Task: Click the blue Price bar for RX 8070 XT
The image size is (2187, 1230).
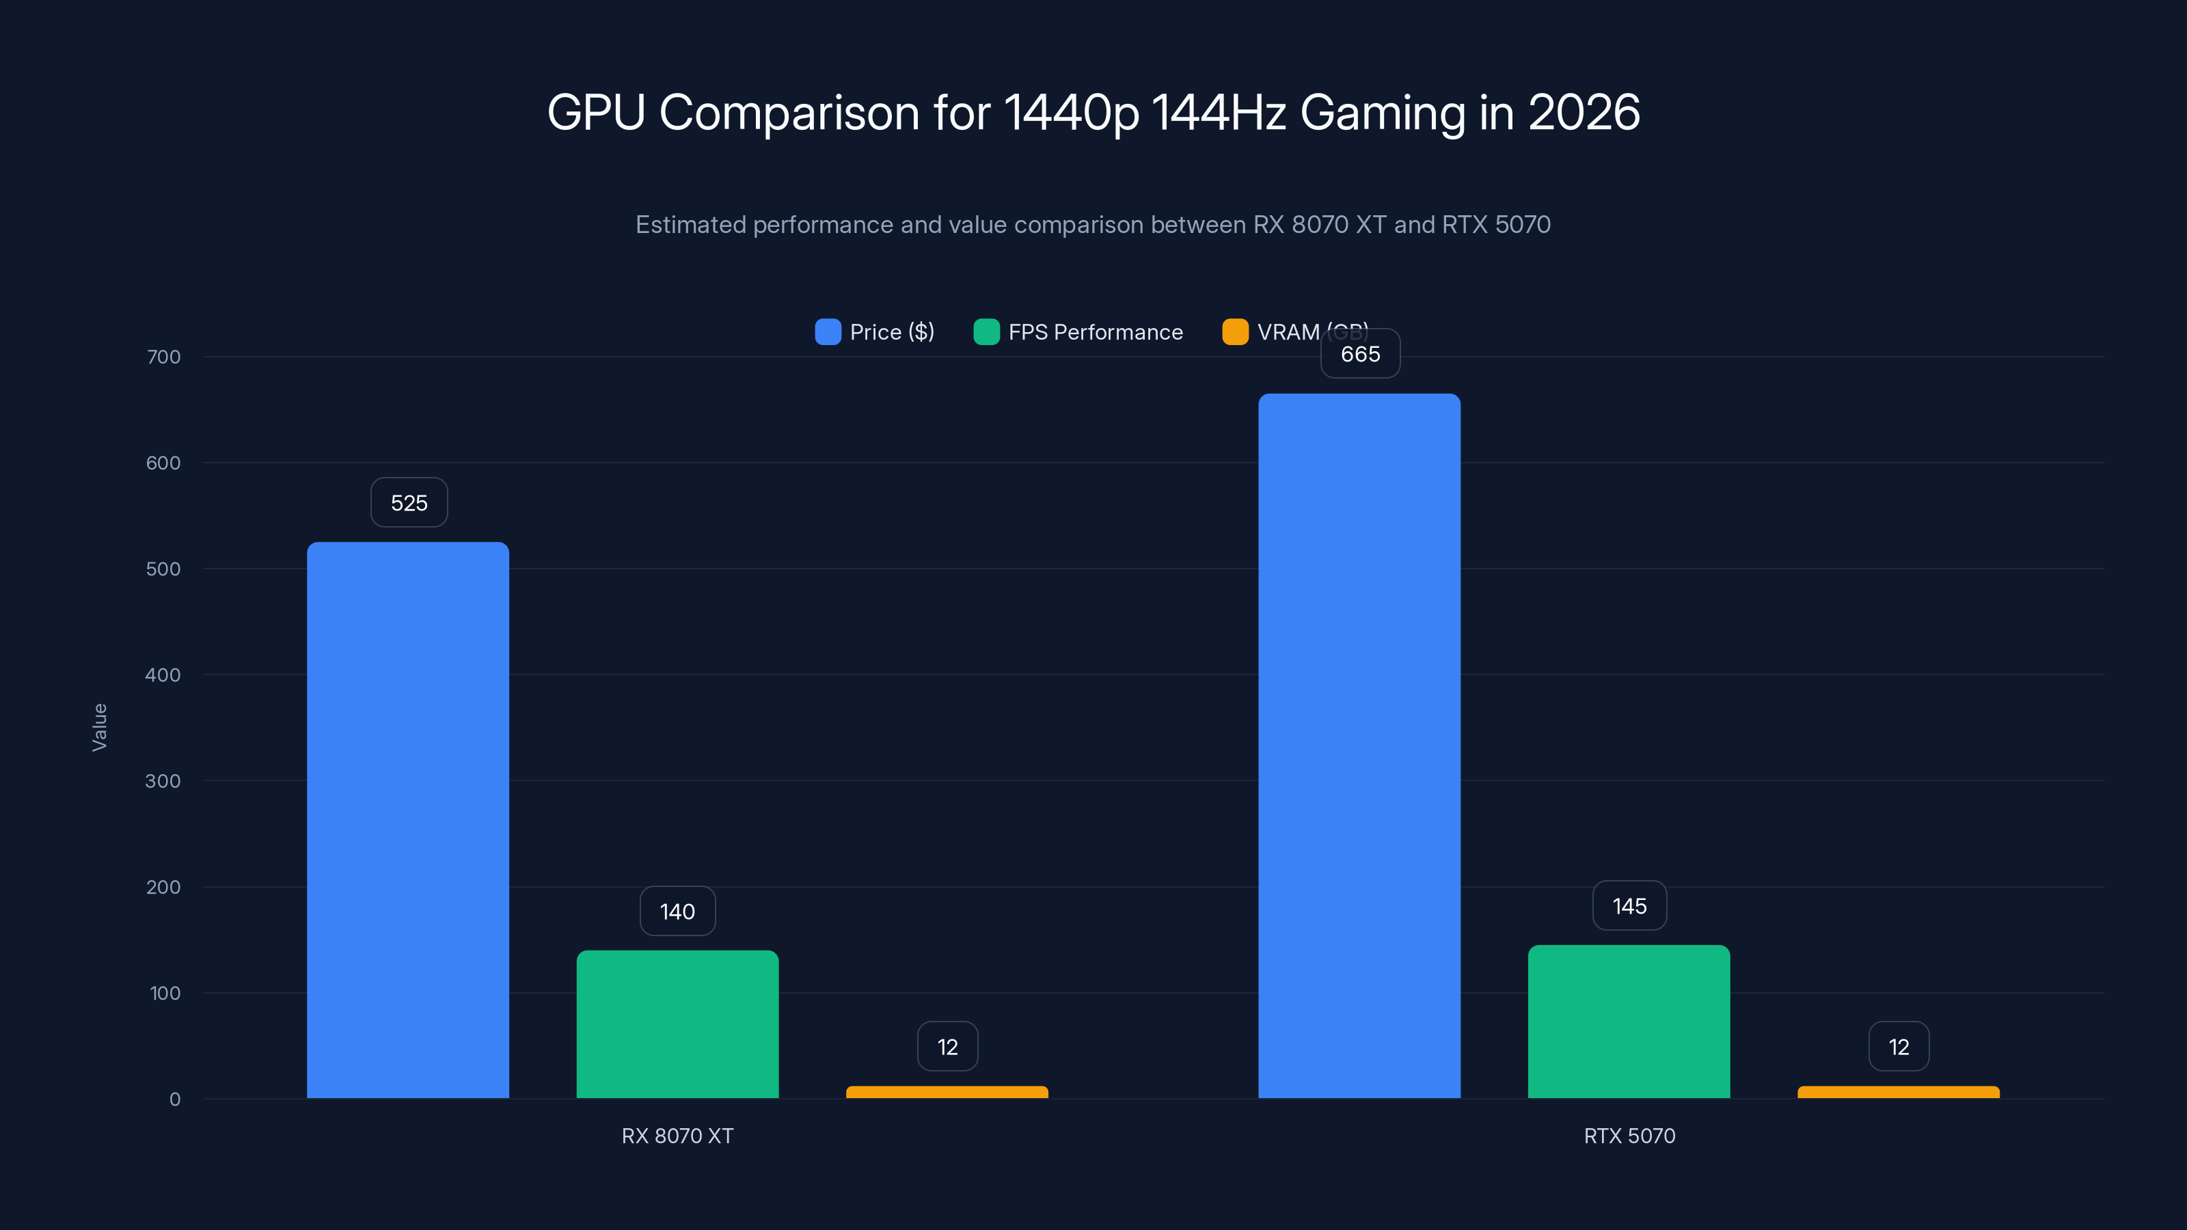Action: tap(407, 819)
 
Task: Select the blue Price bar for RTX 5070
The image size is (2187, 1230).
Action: tap(1359, 746)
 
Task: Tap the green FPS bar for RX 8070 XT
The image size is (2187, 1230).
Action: tap(677, 1024)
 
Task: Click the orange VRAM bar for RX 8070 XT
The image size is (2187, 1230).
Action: tap(947, 1093)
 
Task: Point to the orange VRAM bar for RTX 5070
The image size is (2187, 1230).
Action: tap(1899, 1093)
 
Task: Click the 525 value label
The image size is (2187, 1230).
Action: tap(409, 502)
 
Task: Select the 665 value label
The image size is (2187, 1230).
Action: tap(1360, 354)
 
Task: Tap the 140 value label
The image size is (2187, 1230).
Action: tap(677, 911)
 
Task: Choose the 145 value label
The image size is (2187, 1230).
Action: tap(1629, 905)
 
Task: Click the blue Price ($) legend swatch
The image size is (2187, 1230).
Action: tap(828, 332)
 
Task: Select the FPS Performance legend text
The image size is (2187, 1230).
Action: tap(1095, 332)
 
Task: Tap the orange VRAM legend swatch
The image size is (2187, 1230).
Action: tap(1234, 332)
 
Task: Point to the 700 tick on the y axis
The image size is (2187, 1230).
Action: tap(164, 357)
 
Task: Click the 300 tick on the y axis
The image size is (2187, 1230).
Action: tap(163, 781)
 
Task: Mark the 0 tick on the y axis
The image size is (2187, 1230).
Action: tap(175, 1099)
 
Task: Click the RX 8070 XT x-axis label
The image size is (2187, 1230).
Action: tap(677, 1136)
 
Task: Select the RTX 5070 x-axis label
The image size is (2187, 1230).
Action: tap(1629, 1136)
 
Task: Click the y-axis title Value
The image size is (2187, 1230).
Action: tap(99, 726)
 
